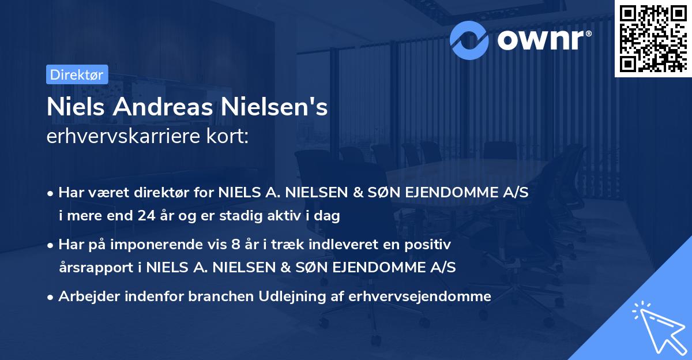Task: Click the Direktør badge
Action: (x=77, y=74)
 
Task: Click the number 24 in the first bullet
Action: (x=144, y=216)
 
